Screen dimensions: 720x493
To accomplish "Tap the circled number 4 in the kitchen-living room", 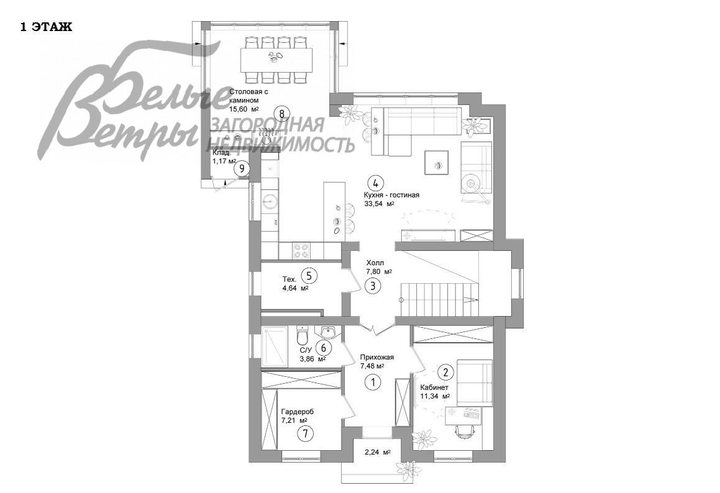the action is [x=375, y=183].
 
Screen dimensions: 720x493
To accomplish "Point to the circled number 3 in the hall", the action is [x=373, y=286].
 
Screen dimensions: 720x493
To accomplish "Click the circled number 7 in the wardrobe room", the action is [x=304, y=433].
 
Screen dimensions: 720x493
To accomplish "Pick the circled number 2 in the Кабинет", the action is [x=445, y=371].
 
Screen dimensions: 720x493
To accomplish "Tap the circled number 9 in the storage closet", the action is [x=242, y=169].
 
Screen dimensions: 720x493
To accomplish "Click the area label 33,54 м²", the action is [x=380, y=204].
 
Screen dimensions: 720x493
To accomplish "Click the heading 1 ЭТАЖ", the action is [x=46, y=27].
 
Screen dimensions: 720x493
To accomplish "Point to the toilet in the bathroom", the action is [x=302, y=336].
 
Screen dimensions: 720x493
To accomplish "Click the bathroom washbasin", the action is [x=328, y=332].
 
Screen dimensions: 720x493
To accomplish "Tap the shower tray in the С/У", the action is [x=275, y=346].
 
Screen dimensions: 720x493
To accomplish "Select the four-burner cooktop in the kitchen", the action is [x=301, y=250].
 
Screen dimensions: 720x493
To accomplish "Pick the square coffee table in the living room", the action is [x=437, y=163].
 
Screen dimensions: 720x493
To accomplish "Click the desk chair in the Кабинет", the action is [x=465, y=432].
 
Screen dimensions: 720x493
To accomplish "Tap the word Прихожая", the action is [x=377, y=357].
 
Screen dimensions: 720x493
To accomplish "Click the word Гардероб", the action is [x=297, y=412].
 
